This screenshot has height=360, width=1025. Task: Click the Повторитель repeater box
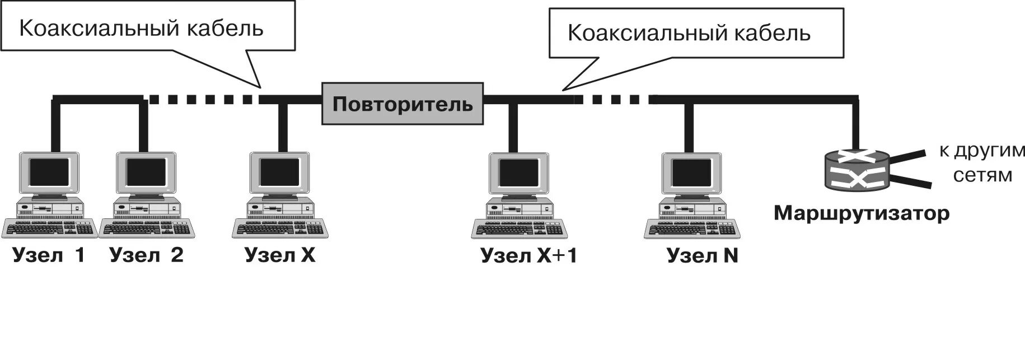[402, 104]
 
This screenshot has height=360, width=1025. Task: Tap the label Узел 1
[49, 255]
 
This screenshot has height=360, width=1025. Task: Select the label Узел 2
[147, 255]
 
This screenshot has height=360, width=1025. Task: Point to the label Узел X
[280, 255]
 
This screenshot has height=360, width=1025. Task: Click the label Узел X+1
[528, 256]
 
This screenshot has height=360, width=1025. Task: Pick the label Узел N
[703, 256]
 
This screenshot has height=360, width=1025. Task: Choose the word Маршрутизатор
[861, 214]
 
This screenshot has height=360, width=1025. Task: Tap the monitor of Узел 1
[49, 172]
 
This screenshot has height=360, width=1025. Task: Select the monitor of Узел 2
[146, 172]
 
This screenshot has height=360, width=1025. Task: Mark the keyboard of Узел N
[692, 229]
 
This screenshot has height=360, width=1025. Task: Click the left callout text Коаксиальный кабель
[141, 28]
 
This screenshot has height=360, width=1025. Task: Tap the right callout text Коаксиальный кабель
[689, 33]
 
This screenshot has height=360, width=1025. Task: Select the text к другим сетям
[982, 163]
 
